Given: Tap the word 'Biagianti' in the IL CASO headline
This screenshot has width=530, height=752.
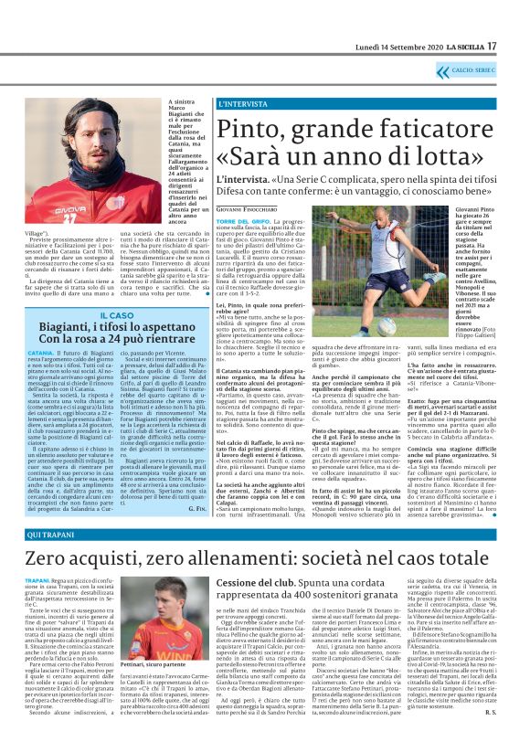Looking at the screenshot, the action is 68,328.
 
